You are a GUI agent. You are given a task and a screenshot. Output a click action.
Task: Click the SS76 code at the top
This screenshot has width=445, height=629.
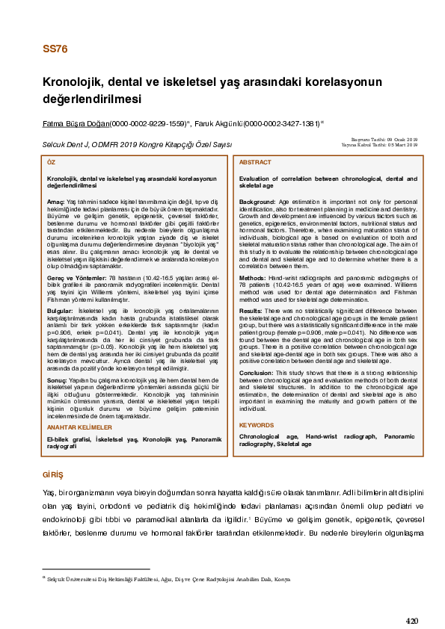point(55,50)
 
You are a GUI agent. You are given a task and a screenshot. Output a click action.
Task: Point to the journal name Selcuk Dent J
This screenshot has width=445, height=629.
point(64,143)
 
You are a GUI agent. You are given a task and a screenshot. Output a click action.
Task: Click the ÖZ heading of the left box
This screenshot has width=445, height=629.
point(51,162)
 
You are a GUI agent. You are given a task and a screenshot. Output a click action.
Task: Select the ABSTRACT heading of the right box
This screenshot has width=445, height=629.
point(255,162)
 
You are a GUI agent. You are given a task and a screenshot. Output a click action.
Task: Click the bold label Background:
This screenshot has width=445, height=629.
point(258,202)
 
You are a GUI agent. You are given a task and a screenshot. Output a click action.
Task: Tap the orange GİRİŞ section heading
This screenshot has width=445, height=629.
point(55,475)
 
